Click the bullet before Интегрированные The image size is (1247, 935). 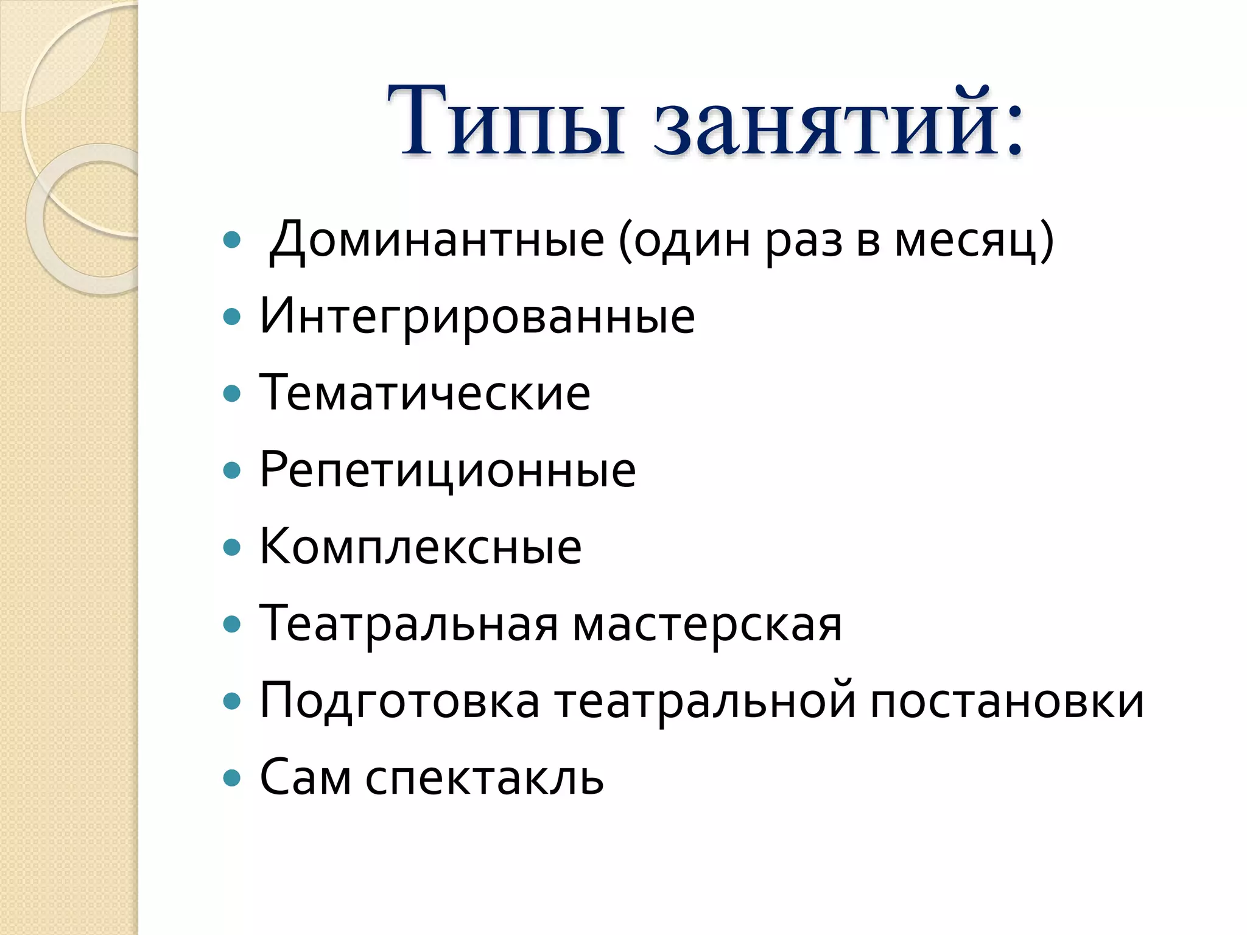[232, 317]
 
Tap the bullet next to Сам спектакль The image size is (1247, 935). [232, 778]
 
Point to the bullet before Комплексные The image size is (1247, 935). [232, 547]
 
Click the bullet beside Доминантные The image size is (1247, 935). [232, 240]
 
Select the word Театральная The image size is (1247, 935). [409, 625]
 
